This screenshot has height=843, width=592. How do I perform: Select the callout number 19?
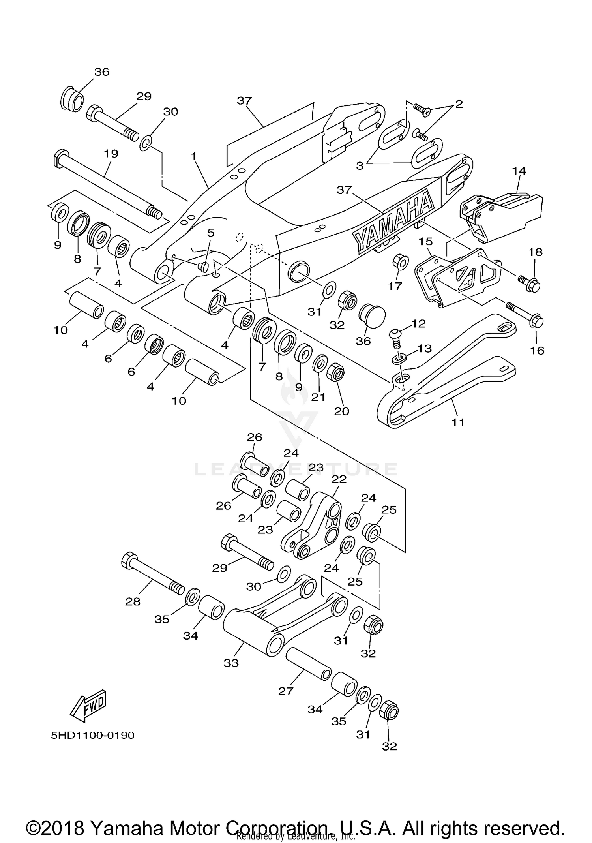(x=111, y=154)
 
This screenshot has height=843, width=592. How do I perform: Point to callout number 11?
(x=458, y=422)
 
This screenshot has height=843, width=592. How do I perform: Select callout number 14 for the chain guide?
(x=519, y=171)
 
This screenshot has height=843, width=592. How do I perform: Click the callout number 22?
(x=339, y=479)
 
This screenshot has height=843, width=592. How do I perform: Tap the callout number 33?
(x=231, y=663)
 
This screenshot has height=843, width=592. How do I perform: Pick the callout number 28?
(x=133, y=602)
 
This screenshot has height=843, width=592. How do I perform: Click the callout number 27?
(x=286, y=691)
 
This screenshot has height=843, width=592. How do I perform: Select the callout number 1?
(x=193, y=156)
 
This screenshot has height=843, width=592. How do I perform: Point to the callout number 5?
(x=211, y=233)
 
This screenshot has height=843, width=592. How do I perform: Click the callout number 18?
(x=536, y=252)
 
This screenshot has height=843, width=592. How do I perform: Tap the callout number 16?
(x=537, y=350)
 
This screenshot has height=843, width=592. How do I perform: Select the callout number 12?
(x=418, y=324)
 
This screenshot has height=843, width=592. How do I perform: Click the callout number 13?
(x=425, y=348)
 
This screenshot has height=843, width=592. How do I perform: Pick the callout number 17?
(x=395, y=286)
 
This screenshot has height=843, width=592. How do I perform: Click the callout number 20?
(x=342, y=411)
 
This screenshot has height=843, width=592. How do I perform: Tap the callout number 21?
(x=318, y=397)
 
